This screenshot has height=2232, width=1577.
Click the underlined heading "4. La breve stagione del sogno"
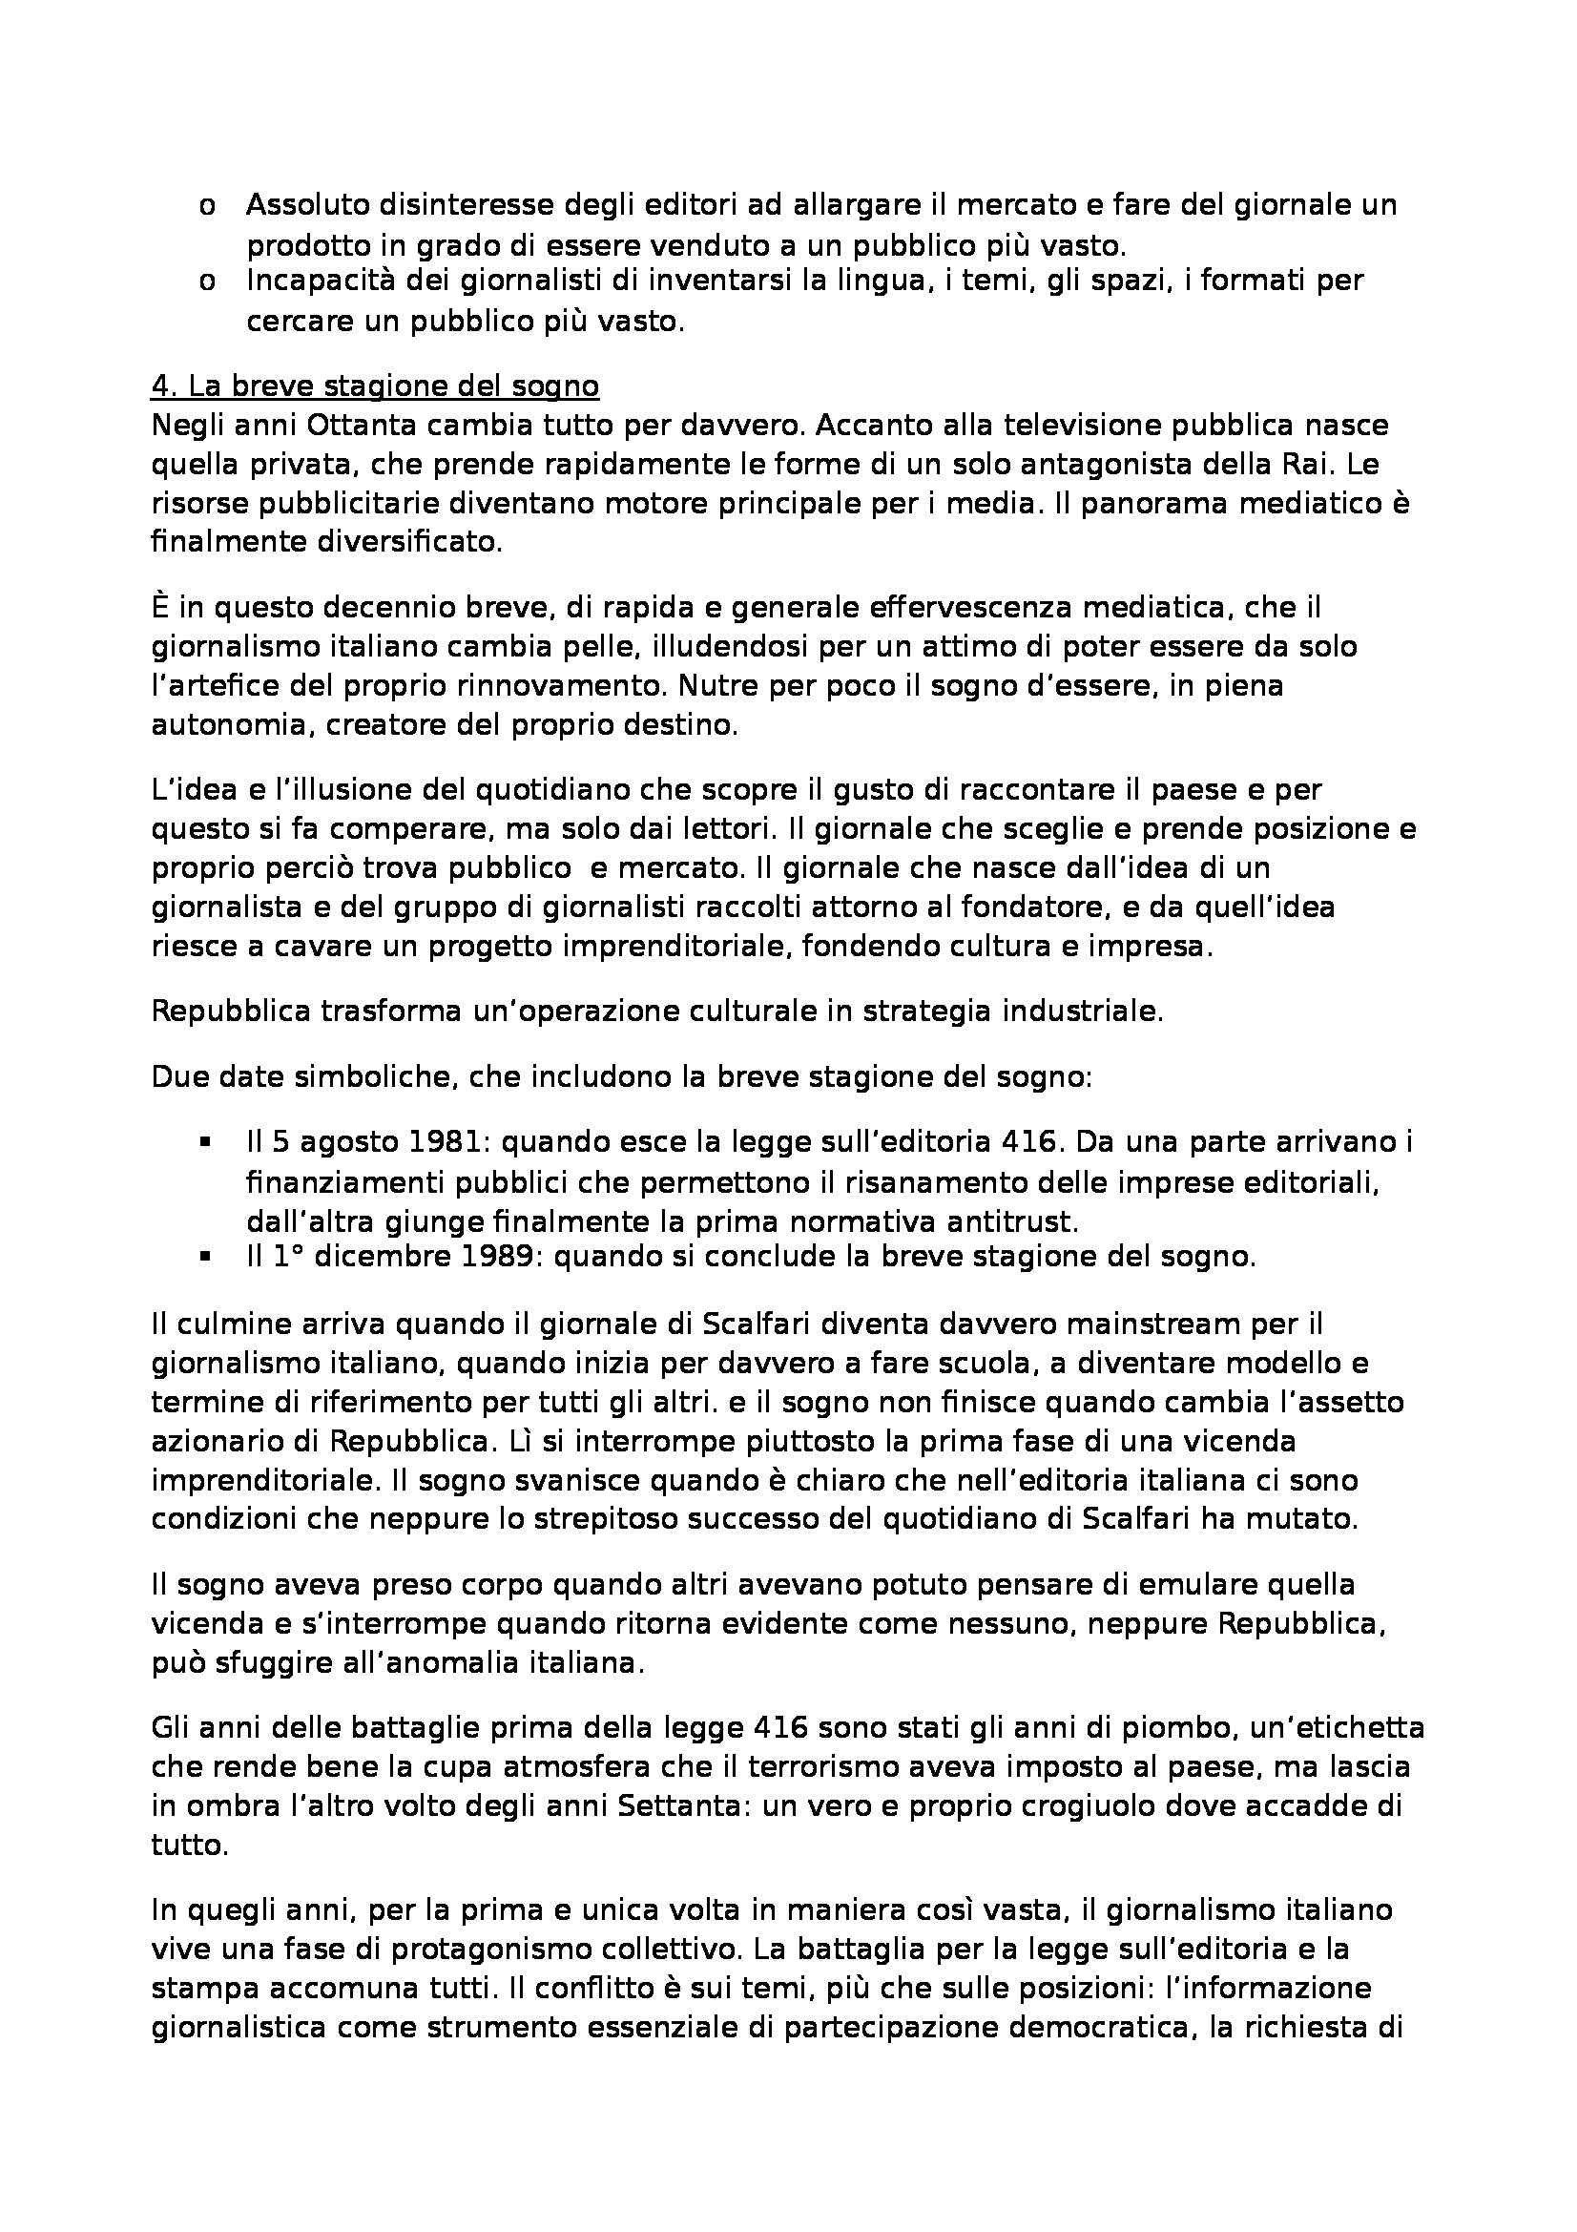[x=374, y=386]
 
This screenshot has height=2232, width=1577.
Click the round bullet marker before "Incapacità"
[x=207, y=282]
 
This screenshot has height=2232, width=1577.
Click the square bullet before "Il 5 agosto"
[x=205, y=1143]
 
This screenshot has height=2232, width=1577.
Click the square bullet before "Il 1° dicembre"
[x=205, y=1257]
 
